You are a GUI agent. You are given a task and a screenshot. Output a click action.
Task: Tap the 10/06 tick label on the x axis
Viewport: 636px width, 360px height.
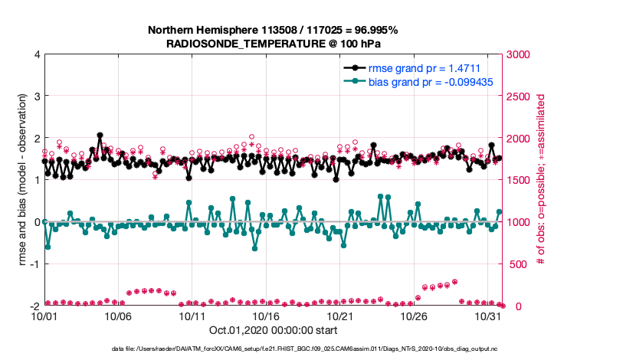click(x=118, y=316)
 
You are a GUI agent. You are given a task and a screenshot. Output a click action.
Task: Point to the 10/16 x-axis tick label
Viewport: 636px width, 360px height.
click(x=267, y=316)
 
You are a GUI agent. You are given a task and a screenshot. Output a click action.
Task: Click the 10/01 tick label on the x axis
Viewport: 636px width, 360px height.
click(x=44, y=316)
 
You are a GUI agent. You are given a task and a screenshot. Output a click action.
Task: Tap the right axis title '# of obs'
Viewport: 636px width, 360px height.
click(x=541, y=180)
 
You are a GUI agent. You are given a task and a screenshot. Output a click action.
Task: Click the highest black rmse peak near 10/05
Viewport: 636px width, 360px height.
click(x=100, y=136)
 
